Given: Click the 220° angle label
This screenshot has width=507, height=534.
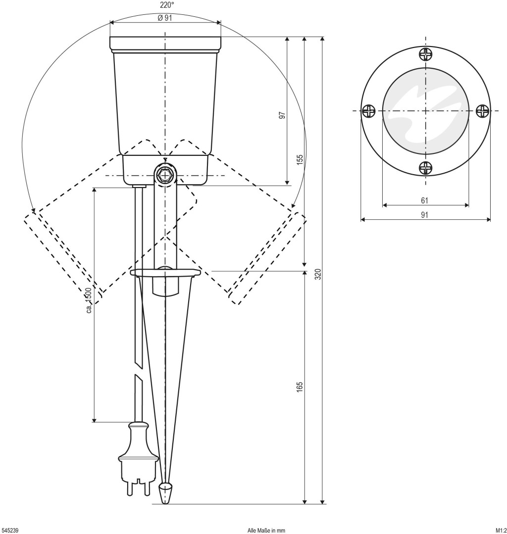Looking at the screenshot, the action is point(167,5).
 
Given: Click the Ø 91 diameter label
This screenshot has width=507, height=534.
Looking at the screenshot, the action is point(165,18).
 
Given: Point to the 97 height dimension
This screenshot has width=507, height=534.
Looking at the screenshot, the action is point(282,115).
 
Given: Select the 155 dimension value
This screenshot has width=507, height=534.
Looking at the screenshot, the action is point(300,159).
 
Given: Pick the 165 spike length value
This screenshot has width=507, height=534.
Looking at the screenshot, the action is point(300,388).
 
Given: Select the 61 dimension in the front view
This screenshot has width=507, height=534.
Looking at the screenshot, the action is point(424,200).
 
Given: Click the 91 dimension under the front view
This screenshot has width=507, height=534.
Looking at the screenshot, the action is point(424,215).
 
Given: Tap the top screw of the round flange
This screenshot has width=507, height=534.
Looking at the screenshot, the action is point(426,54).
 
